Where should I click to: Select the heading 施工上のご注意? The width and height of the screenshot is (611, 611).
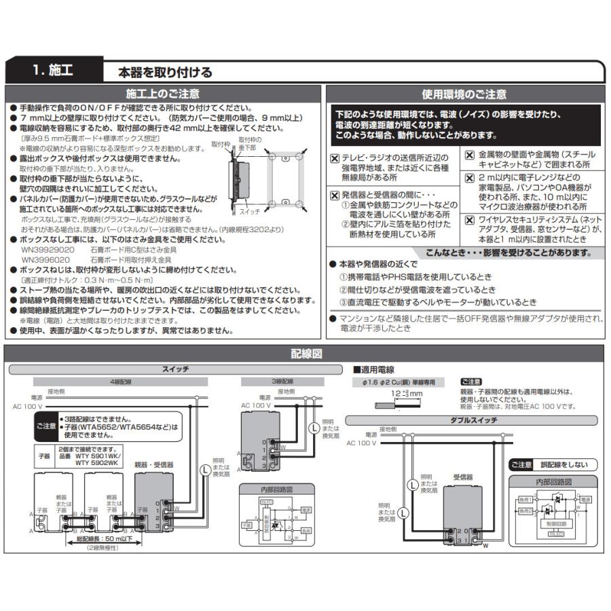point(163,94)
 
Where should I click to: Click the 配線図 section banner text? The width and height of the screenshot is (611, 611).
point(305,354)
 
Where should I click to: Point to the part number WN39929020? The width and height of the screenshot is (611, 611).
point(48,250)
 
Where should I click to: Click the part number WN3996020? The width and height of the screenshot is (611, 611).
point(45,259)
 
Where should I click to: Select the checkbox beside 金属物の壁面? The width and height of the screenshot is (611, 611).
point(470,154)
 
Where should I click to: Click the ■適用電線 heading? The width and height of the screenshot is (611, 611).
point(373,369)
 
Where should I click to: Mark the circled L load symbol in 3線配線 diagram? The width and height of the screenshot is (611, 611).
point(313,428)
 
